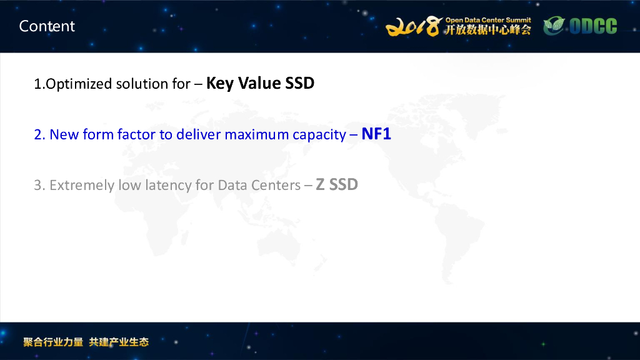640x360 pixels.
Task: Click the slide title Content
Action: point(47,26)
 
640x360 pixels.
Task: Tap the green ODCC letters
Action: point(592,26)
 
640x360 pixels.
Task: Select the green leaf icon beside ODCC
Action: point(553,26)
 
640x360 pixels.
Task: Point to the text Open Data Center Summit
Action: point(488,20)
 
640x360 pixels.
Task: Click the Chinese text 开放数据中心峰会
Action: point(488,30)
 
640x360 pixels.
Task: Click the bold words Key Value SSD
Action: point(260,83)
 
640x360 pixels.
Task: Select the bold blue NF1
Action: point(376,134)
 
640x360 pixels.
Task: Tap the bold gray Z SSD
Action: point(337,185)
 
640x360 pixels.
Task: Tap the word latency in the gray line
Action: point(166,186)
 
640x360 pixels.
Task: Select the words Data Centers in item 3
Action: point(259,186)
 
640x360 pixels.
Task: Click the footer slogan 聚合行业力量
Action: point(53,342)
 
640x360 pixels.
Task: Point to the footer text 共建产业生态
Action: point(119,342)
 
